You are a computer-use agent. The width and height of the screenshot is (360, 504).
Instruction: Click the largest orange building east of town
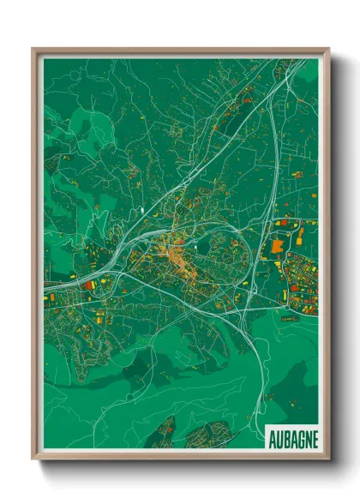click(x=277, y=246)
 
